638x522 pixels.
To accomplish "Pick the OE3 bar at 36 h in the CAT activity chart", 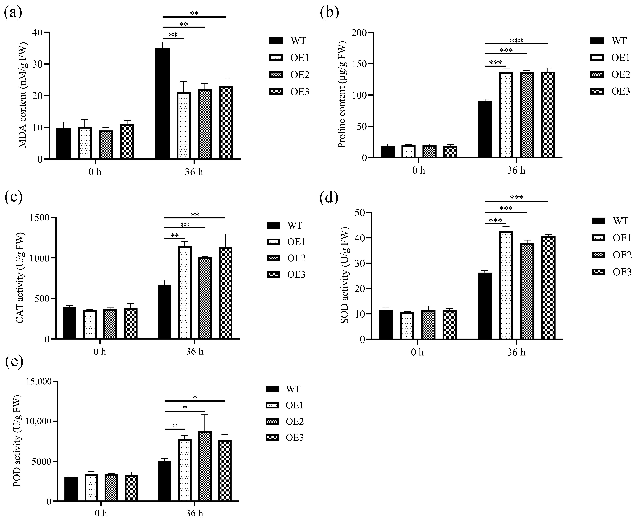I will (x=225, y=293).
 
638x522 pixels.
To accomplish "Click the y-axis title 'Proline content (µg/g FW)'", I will (x=342, y=95).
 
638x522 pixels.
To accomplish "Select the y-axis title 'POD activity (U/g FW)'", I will (x=18, y=441).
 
